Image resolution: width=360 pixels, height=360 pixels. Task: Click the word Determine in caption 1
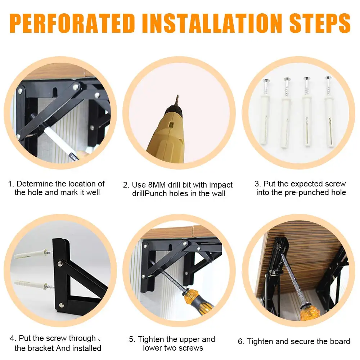[35, 184]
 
